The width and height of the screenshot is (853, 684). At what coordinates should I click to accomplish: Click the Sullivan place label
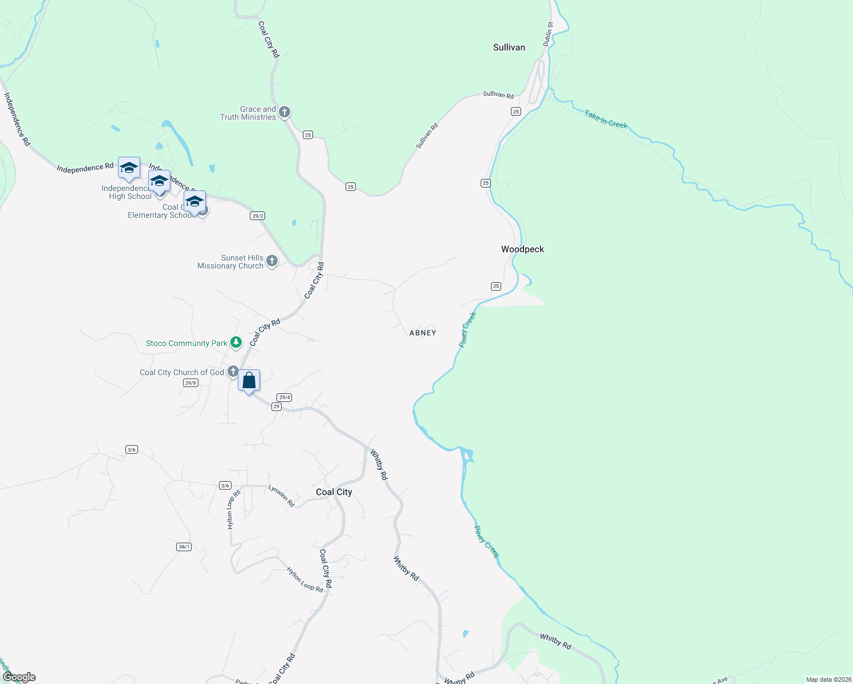509,47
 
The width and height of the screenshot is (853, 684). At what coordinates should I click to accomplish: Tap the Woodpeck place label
522,249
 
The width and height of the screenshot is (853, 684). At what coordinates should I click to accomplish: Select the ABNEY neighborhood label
423,333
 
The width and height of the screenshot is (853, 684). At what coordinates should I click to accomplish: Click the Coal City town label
334,492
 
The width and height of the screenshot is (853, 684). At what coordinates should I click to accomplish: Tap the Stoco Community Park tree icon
236,343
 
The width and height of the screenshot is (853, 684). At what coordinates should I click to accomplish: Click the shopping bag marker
249,381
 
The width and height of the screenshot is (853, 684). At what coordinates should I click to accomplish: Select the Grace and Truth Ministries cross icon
284,112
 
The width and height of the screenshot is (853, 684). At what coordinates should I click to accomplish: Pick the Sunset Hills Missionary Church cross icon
272,262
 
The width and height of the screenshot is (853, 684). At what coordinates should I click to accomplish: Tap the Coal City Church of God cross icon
233,372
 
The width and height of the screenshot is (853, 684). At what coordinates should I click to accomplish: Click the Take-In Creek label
606,120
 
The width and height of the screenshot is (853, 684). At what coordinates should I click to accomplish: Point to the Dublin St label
548,34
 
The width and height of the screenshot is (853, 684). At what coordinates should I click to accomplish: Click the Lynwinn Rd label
281,496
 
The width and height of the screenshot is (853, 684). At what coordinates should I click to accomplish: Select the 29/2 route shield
257,215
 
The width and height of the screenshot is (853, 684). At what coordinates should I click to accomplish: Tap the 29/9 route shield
190,383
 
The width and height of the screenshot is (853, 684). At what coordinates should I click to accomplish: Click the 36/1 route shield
184,547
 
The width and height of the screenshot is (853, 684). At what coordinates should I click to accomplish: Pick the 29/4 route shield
284,397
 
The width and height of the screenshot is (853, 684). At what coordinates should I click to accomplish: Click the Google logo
19,677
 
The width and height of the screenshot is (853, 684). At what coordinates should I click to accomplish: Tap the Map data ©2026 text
827,679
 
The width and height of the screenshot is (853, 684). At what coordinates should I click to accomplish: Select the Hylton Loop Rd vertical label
231,509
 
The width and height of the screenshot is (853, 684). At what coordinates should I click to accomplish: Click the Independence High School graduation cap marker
129,168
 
